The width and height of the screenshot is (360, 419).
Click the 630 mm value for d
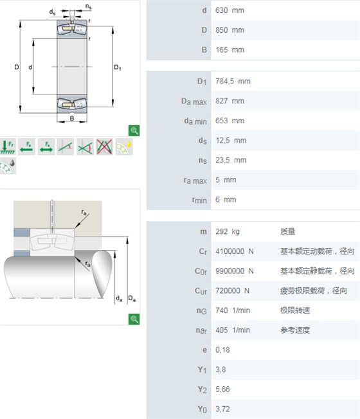click(230, 10)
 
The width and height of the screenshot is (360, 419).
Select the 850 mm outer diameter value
click(230, 30)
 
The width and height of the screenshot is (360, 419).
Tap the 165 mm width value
click(230, 50)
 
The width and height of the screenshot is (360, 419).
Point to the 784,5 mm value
click(233, 81)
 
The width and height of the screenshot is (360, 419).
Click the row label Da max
click(194, 102)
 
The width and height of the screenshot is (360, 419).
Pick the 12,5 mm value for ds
click(231, 141)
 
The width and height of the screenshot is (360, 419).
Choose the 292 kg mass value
click(228, 232)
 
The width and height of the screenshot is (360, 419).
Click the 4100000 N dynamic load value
click(235, 251)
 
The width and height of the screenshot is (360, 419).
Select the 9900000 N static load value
click(235, 271)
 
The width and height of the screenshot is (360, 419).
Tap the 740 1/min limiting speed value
click(233, 310)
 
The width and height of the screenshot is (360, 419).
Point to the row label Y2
click(203, 390)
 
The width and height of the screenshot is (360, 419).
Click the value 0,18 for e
click(222, 350)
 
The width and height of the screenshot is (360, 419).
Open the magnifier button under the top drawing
click(134, 130)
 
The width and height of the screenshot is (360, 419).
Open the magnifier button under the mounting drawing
click(134, 319)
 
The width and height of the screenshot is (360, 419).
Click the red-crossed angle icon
click(105, 147)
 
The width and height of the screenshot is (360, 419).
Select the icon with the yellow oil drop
click(124, 147)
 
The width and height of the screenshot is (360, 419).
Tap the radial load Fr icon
click(8, 147)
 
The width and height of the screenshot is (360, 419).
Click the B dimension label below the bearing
click(72, 118)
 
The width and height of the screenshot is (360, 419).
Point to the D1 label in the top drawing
click(118, 67)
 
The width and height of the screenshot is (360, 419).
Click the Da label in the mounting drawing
click(132, 298)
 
